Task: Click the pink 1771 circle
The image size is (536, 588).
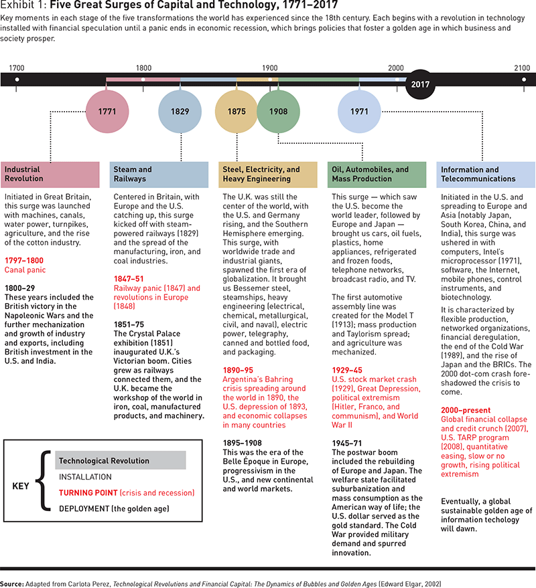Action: [x=107, y=111]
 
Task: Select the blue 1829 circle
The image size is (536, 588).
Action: [x=180, y=111]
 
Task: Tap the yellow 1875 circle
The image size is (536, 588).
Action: [x=237, y=111]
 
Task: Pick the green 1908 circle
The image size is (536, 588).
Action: [x=278, y=111]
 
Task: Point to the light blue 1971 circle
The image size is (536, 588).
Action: [x=359, y=111]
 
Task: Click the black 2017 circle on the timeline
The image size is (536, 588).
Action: [x=421, y=85]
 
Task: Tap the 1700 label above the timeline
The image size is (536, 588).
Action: [x=17, y=68]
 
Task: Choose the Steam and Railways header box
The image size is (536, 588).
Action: [x=159, y=174]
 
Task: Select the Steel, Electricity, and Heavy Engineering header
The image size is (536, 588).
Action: [x=268, y=174]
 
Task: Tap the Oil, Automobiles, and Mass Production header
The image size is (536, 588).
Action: [x=377, y=174]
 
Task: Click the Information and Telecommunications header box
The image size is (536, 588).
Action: [x=486, y=174]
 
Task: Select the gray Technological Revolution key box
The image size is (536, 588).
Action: [x=121, y=461]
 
